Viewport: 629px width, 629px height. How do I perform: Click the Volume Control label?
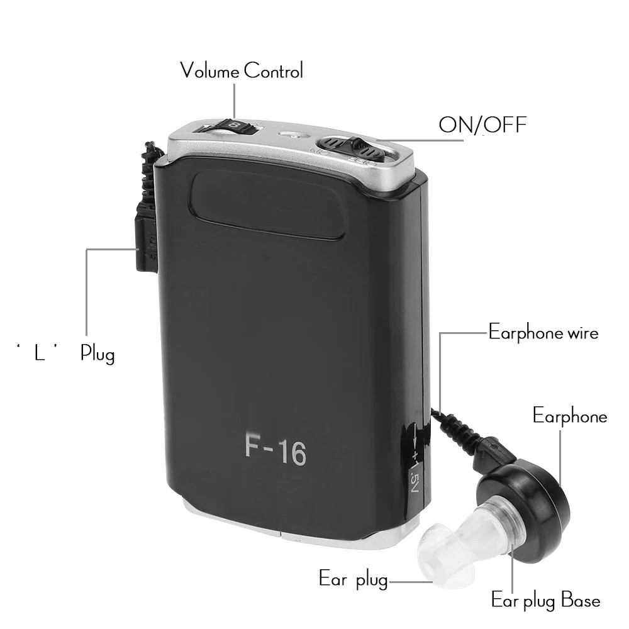(x=242, y=70)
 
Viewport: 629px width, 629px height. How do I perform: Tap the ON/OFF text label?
(x=482, y=125)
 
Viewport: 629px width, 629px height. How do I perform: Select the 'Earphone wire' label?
(x=543, y=332)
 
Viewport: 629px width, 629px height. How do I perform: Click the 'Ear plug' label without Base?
(x=353, y=579)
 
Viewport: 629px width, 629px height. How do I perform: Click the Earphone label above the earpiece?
(x=570, y=416)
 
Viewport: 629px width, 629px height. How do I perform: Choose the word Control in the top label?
(x=273, y=70)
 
